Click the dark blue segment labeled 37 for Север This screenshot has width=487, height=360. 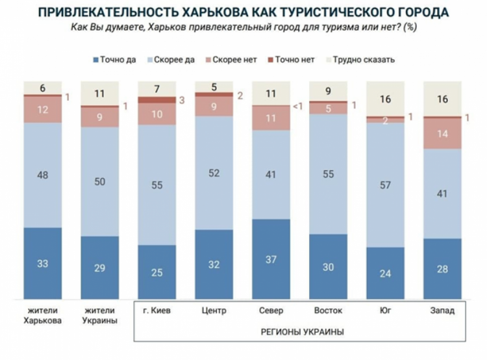click(271, 259)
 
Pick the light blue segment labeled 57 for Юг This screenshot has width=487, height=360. click(385, 185)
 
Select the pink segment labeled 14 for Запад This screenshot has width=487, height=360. click(442, 133)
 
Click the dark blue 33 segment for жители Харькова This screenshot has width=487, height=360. click(42, 263)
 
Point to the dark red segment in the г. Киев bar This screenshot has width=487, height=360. click(156, 100)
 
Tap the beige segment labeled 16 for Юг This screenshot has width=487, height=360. click(385, 99)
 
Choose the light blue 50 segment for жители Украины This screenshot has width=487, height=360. click(99, 181)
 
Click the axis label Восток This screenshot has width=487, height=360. click(328, 311)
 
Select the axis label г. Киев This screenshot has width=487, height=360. click(156, 311)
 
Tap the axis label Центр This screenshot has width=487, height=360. click(214, 311)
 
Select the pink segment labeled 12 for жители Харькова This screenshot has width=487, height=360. click(42, 109)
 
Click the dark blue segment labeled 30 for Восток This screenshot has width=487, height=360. click(328, 266)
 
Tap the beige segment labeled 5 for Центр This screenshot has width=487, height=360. click(214, 86)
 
